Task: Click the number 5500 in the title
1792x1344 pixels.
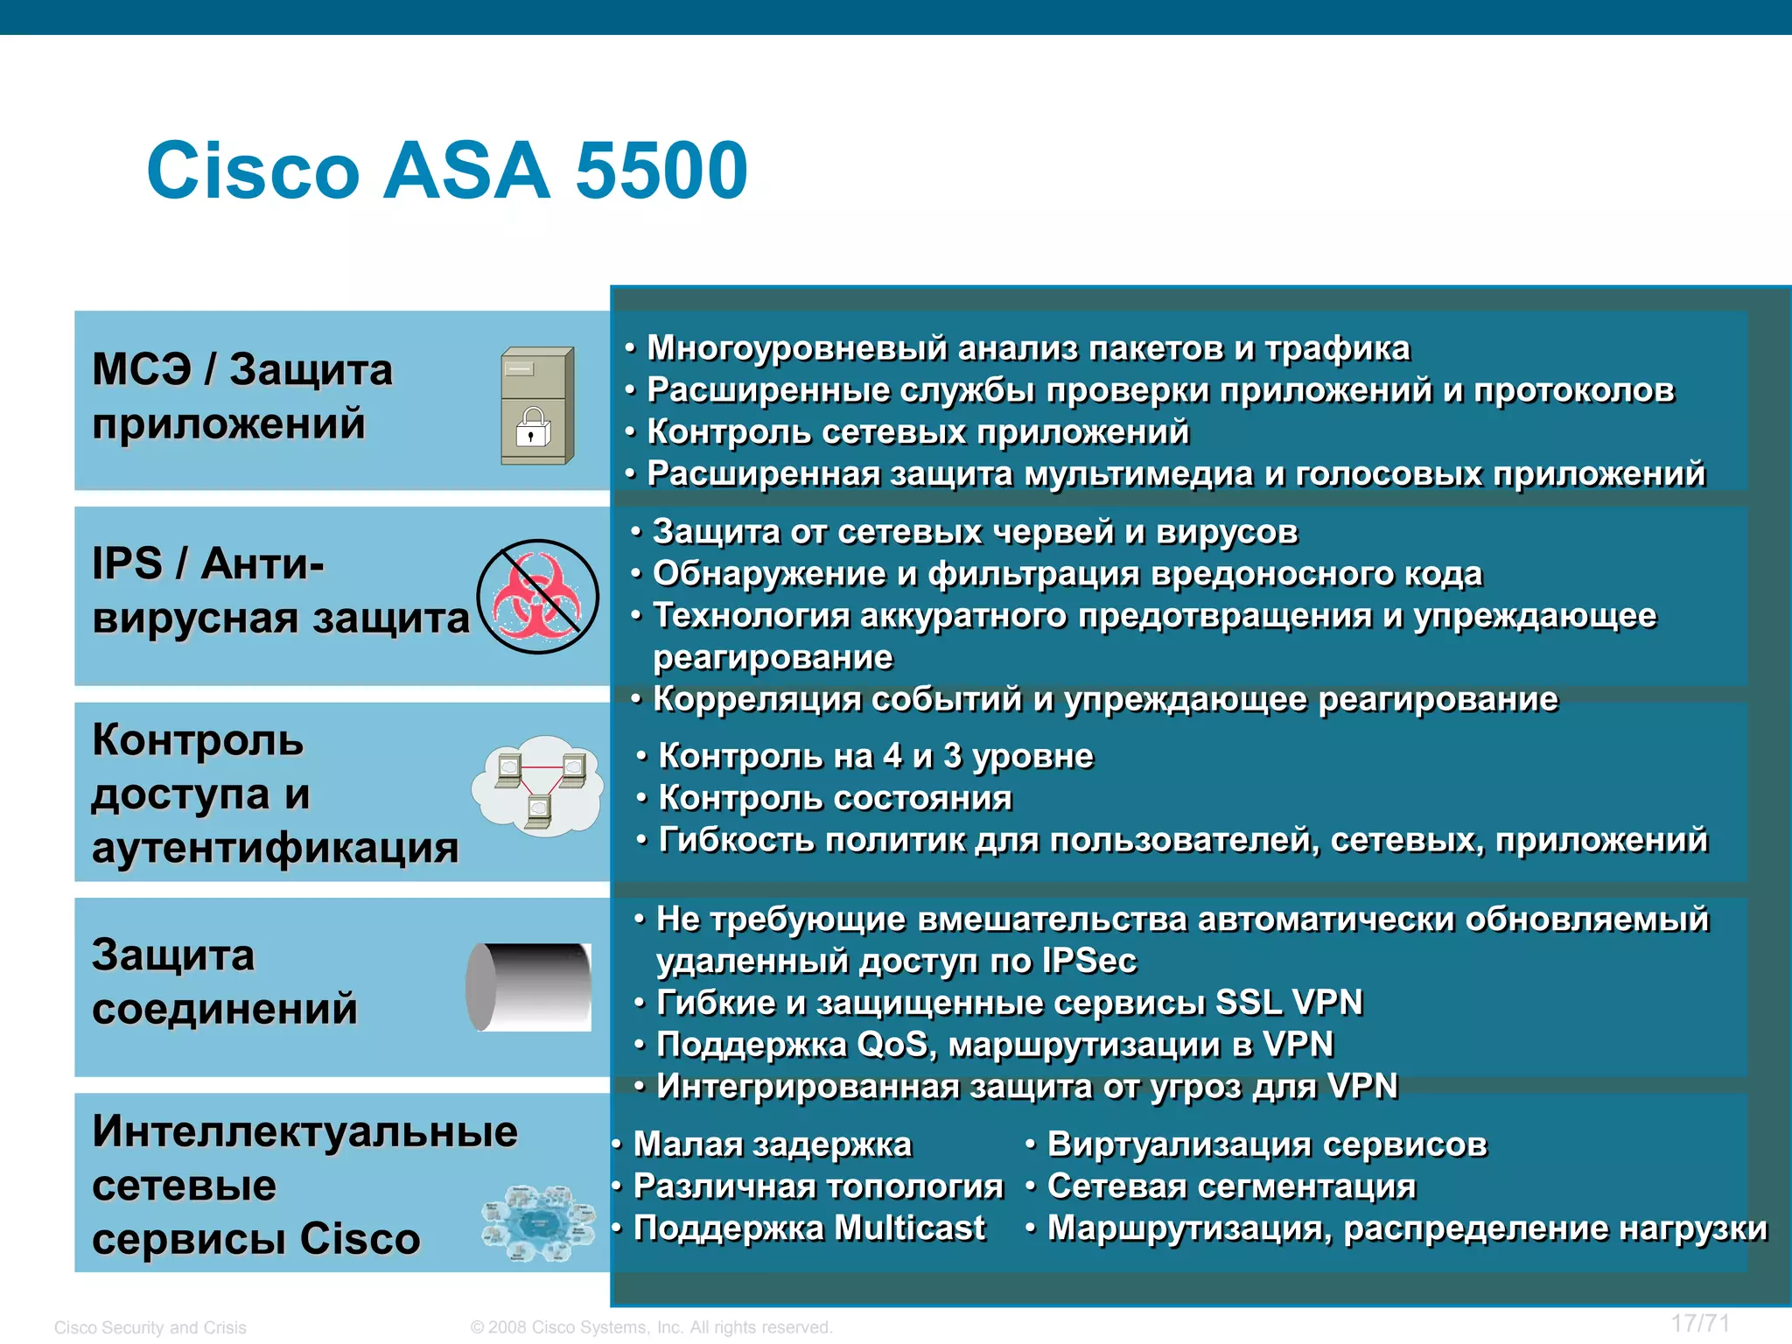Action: [661, 171]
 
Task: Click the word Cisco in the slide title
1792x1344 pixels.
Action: [254, 171]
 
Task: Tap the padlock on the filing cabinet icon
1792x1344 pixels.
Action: [533, 429]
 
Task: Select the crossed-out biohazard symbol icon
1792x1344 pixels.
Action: [537, 596]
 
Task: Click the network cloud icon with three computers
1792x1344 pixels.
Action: [537, 785]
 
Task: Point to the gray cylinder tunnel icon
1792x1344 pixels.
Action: [529, 987]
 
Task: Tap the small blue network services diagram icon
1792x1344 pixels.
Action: [537, 1222]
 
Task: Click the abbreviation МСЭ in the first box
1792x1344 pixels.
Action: [142, 369]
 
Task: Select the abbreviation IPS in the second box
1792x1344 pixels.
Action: [128, 563]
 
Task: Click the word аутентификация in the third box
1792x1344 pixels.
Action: [275, 848]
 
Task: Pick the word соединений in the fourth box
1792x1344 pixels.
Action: [225, 1009]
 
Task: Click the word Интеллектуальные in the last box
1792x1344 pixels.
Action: [304, 1131]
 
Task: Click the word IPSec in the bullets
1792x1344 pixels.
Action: [1088, 961]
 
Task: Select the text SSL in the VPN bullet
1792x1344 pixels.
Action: [1249, 1003]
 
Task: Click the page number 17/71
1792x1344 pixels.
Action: [1700, 1323]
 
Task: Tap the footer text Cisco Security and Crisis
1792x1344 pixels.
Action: [150, 1327]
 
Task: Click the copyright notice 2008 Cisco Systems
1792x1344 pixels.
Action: [651, 1327]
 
